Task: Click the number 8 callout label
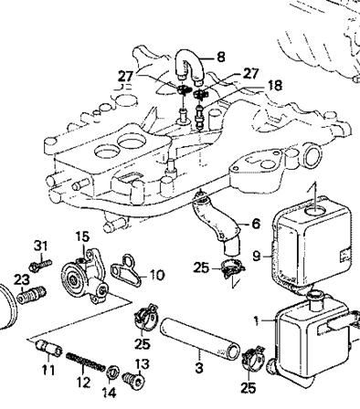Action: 221,57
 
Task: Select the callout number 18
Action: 274,86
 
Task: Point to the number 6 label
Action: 256,224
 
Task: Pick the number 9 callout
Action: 257,257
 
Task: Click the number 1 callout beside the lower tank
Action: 257,320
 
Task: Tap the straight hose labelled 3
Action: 199,338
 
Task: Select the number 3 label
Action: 199,368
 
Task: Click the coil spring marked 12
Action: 86,362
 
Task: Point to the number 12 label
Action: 83,383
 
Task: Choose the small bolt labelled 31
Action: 40,266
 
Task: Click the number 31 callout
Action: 41,246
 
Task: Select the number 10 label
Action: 156,275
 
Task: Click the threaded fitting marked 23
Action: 31,295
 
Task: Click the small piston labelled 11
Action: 48,348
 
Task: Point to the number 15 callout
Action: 82,236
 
